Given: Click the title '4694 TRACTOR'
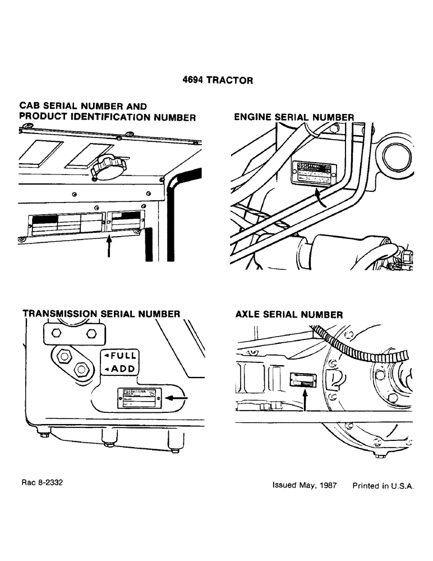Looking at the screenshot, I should [218, 80].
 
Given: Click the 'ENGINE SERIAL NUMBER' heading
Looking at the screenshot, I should [294, 117].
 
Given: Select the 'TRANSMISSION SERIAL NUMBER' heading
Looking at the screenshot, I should [101, 314].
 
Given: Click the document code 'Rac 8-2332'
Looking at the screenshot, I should [39, 481].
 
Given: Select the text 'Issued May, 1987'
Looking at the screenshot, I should [304, 486].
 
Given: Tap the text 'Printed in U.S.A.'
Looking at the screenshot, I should [383, 486].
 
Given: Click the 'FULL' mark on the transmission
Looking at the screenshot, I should [119, 356].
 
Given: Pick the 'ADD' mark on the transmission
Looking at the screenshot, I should [119, 369].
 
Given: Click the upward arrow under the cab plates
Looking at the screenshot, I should [108, 246].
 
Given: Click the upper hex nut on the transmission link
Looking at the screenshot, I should [63, 355].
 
